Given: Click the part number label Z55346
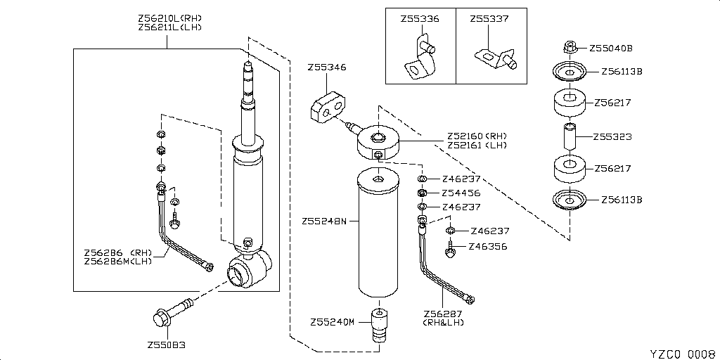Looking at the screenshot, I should click(326, 67).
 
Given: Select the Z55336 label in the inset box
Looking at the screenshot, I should click(419, 19).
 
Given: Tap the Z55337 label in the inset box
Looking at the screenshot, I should click(489, 19).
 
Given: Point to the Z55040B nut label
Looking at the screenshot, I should click(611, 49).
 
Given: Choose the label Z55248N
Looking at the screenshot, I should click(325, 221).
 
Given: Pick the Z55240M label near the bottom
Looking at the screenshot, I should click(333, 322).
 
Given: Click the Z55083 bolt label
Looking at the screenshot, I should click(167, 345).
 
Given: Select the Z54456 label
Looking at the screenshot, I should click(461, 193).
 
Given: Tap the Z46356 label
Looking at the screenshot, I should click(489, 247).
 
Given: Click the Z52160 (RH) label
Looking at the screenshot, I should click(476, 136).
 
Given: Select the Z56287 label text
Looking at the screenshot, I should click(443, 314).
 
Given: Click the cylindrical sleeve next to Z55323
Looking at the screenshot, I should click(570, 136).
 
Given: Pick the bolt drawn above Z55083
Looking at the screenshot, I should click(172, 312).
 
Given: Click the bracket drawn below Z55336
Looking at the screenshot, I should click(418, 63).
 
